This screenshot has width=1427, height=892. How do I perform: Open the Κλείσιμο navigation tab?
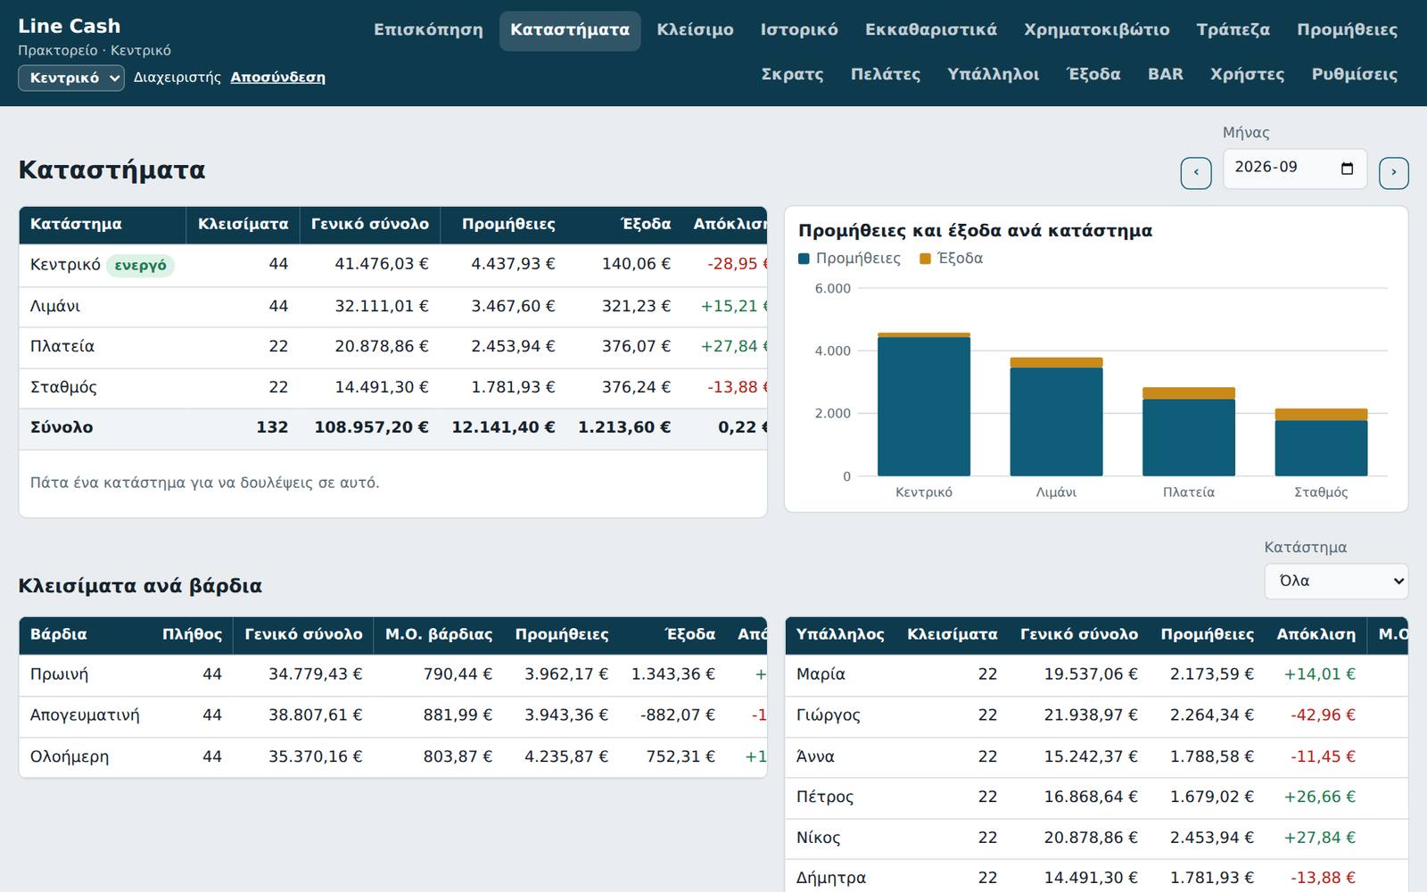[x=695, y=30]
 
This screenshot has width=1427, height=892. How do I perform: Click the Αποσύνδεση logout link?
[x=277, y=77]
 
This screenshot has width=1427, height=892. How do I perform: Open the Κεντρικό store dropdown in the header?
[x=71, y=78]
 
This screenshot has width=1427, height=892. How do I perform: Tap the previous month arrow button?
[x=1196, y=173]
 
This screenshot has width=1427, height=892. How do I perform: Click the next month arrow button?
[x=1394, y=173]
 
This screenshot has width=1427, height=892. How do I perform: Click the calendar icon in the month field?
[x=1347, y=169]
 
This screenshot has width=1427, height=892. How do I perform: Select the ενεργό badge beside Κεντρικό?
[x=140, y=265]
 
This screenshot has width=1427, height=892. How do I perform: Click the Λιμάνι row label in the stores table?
[x=55, y=307]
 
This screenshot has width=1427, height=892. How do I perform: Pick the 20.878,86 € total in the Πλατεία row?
[x=382, y=347]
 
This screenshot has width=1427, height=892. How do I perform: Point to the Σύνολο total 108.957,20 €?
[x=371, y=427]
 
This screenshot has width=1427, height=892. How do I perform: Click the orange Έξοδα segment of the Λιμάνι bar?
[x=1056, y=362]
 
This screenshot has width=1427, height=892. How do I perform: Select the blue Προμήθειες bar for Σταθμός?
[x=1321, y=448]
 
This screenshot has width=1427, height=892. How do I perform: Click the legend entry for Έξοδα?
[x=951, y=258]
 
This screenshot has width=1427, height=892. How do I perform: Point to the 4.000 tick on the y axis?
[x=832, y=351]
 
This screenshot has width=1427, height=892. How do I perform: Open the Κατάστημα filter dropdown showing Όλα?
[x=1336, y=581]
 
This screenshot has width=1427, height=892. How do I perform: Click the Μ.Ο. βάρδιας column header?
[x=439, y=634]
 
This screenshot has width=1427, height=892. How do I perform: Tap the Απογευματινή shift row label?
[x=85, y=715]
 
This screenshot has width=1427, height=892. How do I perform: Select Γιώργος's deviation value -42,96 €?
[x=1324, y=715]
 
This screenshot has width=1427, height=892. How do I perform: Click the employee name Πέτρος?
[x=825, y=797]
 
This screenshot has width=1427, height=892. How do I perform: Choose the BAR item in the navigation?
[x=1165, y=75]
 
